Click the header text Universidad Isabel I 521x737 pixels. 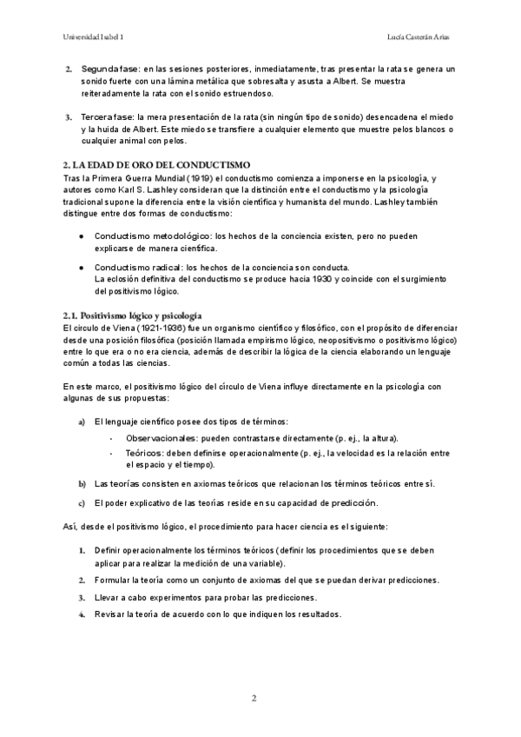click(x=94, y=37)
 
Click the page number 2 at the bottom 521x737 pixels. click(x=254, y=698)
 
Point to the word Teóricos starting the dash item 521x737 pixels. click(x=143, y=453)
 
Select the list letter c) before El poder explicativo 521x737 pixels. click(x=82, y=502)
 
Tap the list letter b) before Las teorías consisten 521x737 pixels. click(x=82, y=483)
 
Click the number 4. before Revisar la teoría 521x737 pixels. click(x=82, y=614)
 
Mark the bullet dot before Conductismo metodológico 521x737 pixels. click(x=81, y=236)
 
